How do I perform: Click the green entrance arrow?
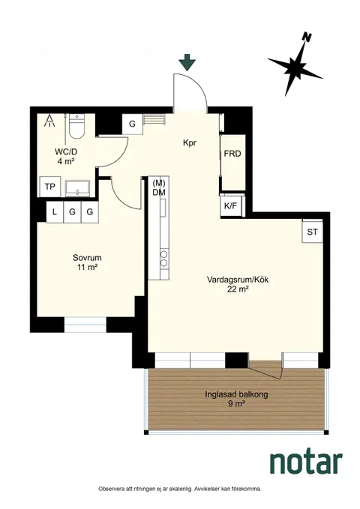tap(188, 62)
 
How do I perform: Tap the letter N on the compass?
tap(305, 37)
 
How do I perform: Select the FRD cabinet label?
tap(232, 154)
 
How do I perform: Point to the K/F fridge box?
tap(231, 205)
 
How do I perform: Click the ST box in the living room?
tap(312, 232)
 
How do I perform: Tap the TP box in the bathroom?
tap(49, 187)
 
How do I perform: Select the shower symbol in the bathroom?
tap(50, 120)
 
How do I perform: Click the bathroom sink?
tap(78, 189)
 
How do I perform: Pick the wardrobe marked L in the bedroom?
tap(55, 212)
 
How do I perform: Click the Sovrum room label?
tap(87, 258)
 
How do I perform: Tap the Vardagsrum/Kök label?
tap(238, 280)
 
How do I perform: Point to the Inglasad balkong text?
tap(236, 394)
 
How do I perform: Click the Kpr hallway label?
tap(190, 143)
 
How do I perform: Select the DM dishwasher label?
tap(159, 193)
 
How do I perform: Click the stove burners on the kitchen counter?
tap(164, 258)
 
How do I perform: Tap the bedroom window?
tap(85, 325)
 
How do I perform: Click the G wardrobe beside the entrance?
tap(132, 124)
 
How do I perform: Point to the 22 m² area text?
tap(238, 289)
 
